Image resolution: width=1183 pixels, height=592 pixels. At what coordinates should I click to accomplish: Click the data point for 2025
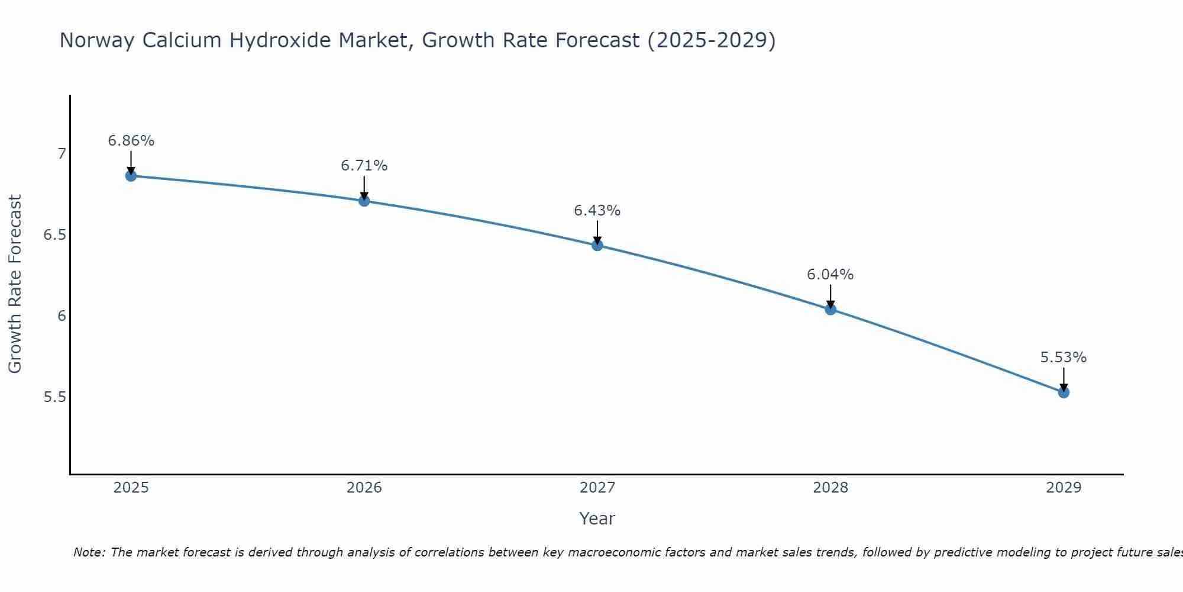[x=131, y=176]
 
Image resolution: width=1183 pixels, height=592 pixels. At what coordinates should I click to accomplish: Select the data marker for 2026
[x=364, y=201]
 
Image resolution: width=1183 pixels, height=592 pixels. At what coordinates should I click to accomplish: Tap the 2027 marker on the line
[x=597, y=245]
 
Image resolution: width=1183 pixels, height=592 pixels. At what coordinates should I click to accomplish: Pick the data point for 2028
[x=830, y=309]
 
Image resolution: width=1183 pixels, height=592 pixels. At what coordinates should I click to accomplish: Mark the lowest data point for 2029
[x=1064, y=392]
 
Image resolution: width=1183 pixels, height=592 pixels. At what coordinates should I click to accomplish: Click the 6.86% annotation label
[x=131, y=141]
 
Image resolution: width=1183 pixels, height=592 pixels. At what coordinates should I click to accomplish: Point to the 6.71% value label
[x=364, y=166]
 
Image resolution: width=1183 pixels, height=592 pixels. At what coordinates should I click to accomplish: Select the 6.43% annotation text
[x=597, y=211]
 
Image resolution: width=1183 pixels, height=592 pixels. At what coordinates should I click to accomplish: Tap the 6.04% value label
[x=830, y=275]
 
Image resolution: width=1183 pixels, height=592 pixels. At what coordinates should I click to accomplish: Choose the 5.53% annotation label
[x=1064, y=358]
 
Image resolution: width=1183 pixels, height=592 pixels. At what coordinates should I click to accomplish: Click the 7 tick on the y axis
[x=62, y=154]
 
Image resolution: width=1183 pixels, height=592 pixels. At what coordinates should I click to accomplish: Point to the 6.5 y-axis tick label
[x=54, y=235]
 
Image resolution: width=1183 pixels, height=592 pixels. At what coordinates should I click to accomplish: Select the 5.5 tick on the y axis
[x=54, y=397]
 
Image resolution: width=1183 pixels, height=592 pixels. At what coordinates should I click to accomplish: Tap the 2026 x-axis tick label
[x=364, y=488]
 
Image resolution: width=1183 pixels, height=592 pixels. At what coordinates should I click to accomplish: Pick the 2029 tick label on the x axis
[x=1064, y=488]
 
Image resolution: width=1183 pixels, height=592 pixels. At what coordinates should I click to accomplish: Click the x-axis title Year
[x=597, y=519]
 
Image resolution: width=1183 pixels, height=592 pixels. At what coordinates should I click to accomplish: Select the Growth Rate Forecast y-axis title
[x=15, y=284]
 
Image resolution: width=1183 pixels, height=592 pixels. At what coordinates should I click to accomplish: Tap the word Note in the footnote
[x=89, y=552]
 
